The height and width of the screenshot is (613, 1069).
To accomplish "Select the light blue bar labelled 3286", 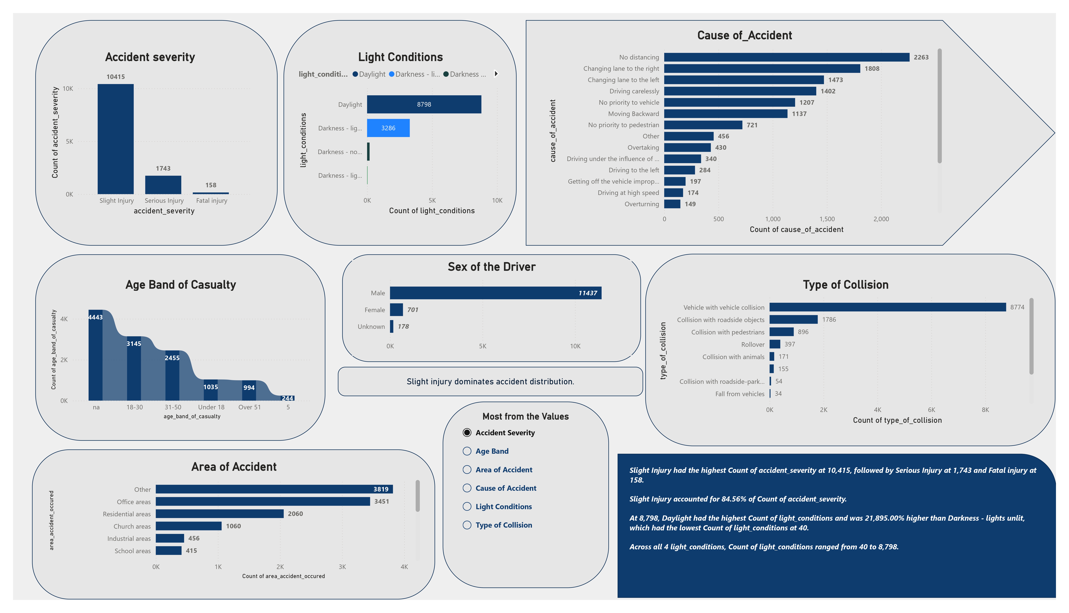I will point(388,128).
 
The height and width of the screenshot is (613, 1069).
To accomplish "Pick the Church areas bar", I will point(188,526).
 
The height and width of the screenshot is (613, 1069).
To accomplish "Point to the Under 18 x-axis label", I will point(211,407).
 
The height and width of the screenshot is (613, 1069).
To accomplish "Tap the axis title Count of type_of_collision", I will point(897,420).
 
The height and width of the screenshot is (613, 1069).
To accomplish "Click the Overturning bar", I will point(672,204).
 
